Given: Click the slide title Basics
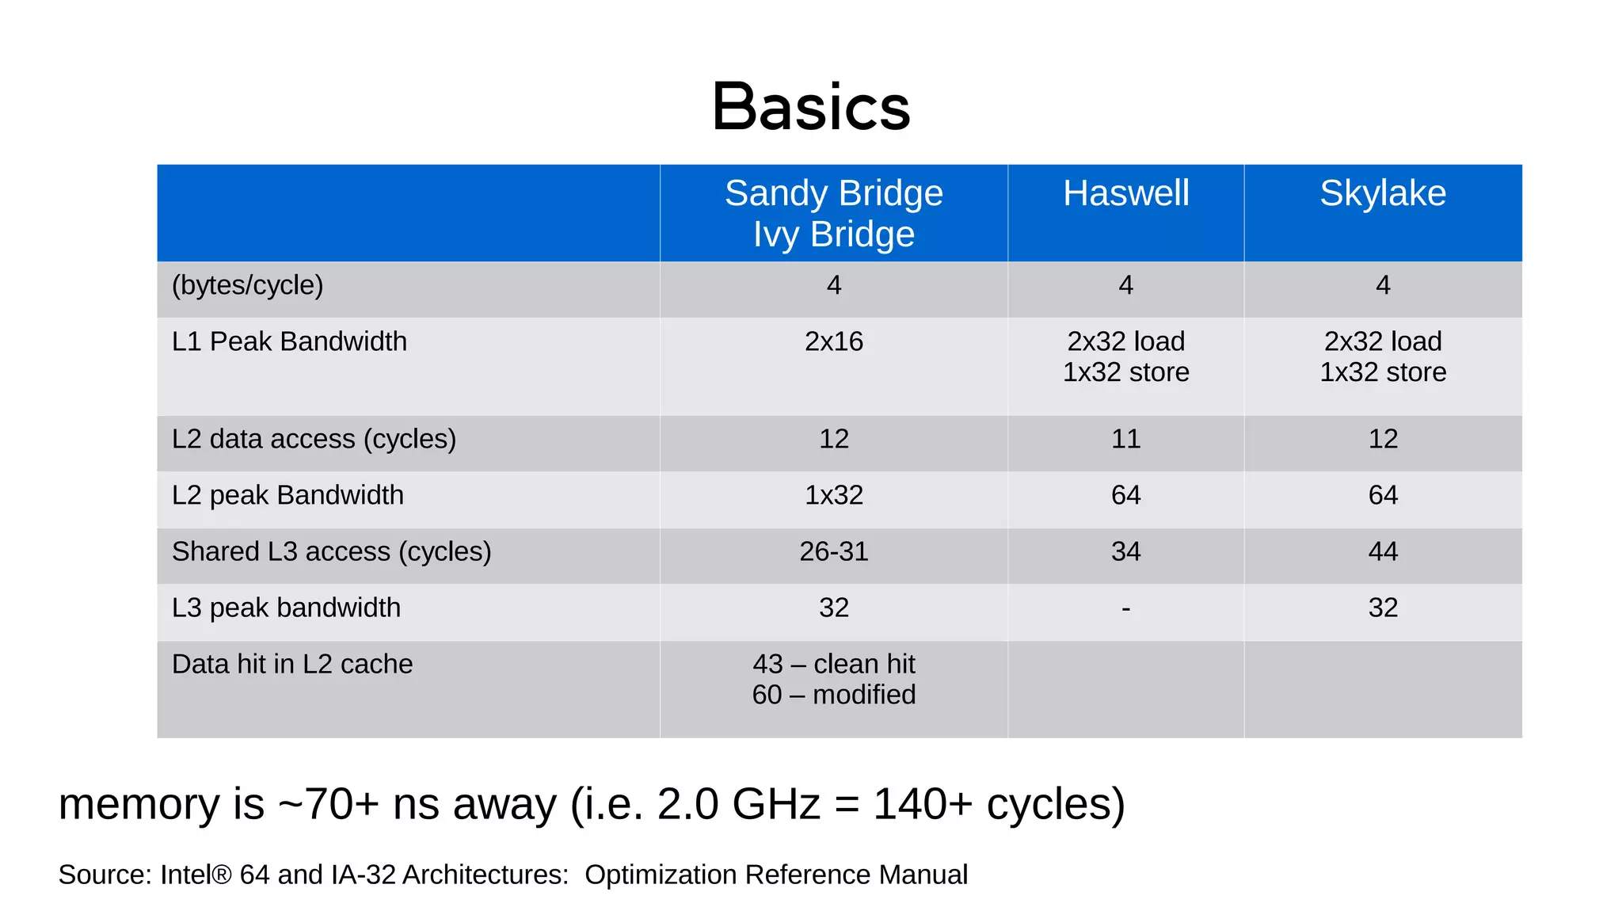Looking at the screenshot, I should pos(811,107).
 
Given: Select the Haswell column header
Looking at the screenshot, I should pos(1125,193).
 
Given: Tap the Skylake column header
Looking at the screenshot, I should pos(1383,193).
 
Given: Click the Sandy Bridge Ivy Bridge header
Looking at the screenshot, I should pos(834,213).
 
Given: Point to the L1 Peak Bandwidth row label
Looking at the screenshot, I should pos(289,341).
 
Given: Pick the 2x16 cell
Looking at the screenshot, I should pos(834,341).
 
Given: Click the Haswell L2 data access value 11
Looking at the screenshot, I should pos(1125,439).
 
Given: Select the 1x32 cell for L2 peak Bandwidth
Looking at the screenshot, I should pos(834,495).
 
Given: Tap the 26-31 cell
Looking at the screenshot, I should pos(834,551).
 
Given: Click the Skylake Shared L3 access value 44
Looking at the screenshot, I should pos(1383,551).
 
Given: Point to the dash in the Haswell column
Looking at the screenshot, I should pos(1125,608).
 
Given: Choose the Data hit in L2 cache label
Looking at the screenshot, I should pos(292,664).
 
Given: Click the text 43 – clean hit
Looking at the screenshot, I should pos(834,664).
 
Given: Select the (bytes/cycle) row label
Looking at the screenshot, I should pos(247,285).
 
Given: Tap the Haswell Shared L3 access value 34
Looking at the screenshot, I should pos(1125,551).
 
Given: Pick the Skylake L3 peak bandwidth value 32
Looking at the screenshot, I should pos(1383,608).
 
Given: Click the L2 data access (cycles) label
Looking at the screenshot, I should pos(314,439).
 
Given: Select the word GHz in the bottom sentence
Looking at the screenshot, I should pos(776,804).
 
